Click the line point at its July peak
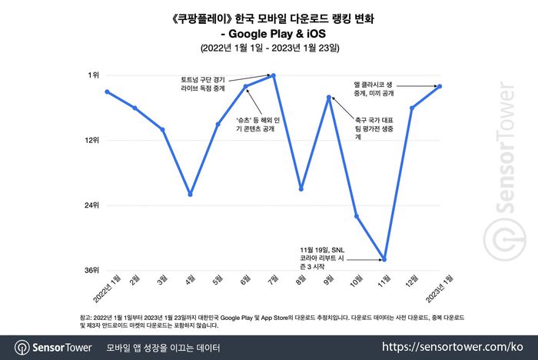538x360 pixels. pos(274,75)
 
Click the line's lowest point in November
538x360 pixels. pos(384,260)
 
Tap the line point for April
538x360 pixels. pos(190,195)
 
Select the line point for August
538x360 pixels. pos(301,188)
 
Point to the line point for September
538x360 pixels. pos(329,97)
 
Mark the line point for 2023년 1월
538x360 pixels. pos(440,86)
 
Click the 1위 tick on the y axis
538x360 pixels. pos(93,75)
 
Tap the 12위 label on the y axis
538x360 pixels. pos(91,140)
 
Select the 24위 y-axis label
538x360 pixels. pos(91,205)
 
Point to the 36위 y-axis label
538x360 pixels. pos(91,271)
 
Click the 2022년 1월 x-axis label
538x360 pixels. pos(107,288)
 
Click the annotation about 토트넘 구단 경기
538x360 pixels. pos(201,84)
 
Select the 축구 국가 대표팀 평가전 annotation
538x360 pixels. pos(374,129)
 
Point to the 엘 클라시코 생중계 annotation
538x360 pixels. pos(374,88)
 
